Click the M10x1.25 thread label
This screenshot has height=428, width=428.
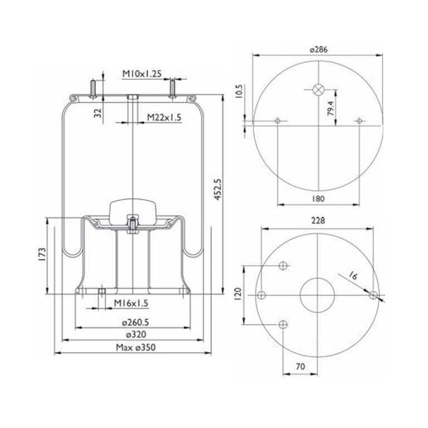pyautogui.click(x=142, y=74)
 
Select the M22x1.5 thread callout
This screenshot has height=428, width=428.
pyautogui.click(x=164, y=118)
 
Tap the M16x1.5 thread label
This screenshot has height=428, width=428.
pyautogui.click(x=131, y=303)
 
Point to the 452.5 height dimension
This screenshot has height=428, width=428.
pyautogui.click(x=217, y=189)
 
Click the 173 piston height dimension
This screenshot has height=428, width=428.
pyautogui.click(x=42, y=255)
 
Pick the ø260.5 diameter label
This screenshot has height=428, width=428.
pyautogui.click(x=135, y=323)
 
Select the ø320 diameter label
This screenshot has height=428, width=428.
pyautogui.click(x=136, y=334)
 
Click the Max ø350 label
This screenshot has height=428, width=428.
pyautogui.click(x=135, y=348)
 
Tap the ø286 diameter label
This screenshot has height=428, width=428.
pyautogui.click(x=319, y=50)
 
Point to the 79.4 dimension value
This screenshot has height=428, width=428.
pyautogui.click(x=330, y=108)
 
